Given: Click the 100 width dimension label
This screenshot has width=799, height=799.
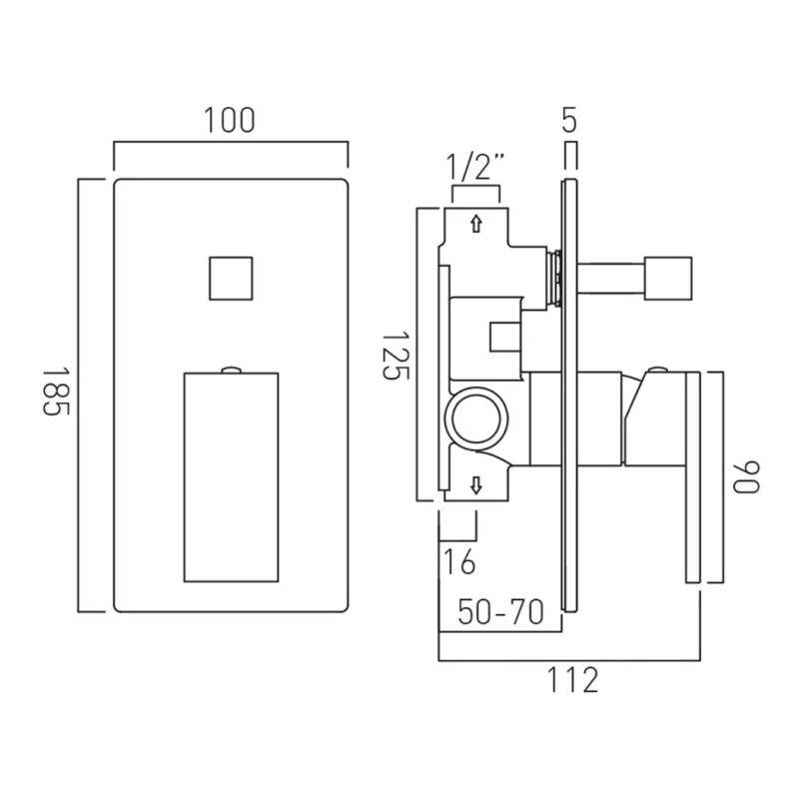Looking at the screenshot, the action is pyautogui.click(x=230, y=121).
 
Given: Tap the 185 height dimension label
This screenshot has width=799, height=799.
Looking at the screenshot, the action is pyautogui.click(x=55, y=392).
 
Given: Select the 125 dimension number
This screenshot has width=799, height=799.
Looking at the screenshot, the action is pyautogui.click(x=396, y=356).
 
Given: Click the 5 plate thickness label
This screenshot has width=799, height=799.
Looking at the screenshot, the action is pyautogui.click(x=569, y=121).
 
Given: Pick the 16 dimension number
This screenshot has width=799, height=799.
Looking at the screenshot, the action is pyautogui.click(x=459, y=561).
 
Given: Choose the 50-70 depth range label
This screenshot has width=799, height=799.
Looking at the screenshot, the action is pyautogui.click(x=501, y=611).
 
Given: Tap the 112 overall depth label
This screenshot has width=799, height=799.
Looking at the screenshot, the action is pyautogui.click(x=572, y=680).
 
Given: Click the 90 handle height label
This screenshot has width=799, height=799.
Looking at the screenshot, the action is pyautogui.click(x=746, y=477).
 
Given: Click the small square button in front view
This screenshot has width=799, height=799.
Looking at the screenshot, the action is pyautogui.click(x=231, y=279).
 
